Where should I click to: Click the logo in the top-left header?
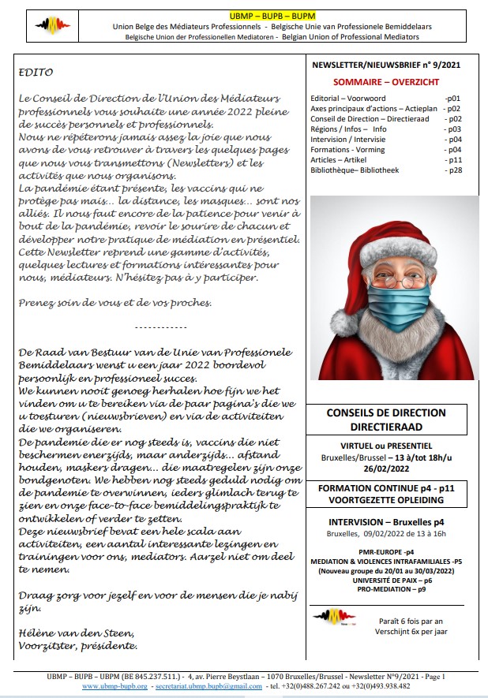pyautogui.click(x=54, y=26)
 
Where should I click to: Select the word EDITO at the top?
pyautogui.click(x=35, y=73)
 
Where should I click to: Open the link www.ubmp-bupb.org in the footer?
pyautogui.click(x=114, y=686)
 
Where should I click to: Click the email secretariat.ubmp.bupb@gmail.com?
pyautogui.click(x=214, y=686)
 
